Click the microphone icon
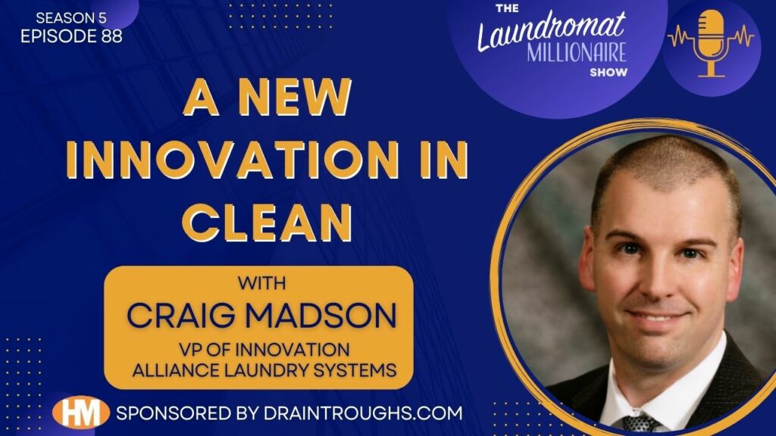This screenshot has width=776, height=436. coord(711,43)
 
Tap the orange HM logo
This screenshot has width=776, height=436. coord(80,413)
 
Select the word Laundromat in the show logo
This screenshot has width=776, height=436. coord(552,30)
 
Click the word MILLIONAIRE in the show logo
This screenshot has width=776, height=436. coord(577,52)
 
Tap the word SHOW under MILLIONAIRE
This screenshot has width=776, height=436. coord(609,72)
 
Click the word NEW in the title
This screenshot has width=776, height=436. coord(295,97)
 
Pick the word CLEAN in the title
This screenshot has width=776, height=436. coord(268,223)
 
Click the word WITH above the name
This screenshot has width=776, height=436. coord(261,283)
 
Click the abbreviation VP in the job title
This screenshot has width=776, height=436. coord(190,350)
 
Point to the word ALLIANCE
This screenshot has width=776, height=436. coord(177,369)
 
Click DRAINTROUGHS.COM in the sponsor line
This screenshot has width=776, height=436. coord(363,413)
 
